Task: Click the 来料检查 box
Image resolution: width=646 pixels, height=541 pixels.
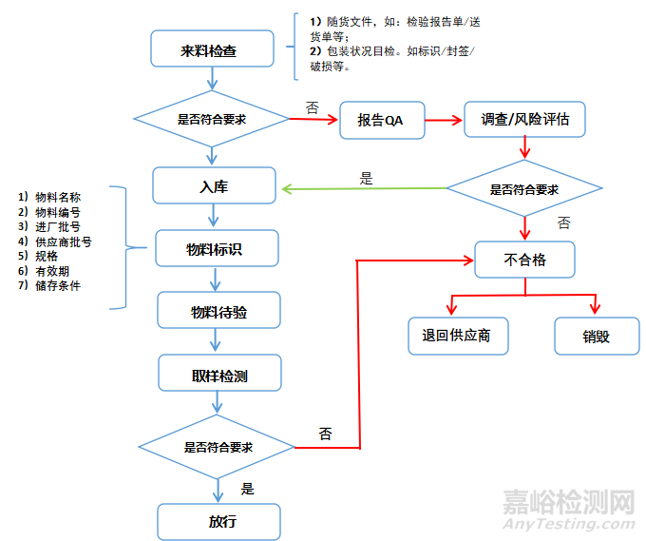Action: coord(211,50)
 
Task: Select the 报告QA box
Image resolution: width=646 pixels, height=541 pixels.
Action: coord(381,121)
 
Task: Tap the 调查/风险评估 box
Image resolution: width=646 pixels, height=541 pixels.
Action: coord(523,121)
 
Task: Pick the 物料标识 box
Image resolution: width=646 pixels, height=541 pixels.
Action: coord(218,249)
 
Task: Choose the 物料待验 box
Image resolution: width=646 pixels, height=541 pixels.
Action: coord(218,311)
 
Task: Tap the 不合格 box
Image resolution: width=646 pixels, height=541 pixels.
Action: coord(524,259)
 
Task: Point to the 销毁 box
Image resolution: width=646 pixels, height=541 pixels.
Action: coord(597,336)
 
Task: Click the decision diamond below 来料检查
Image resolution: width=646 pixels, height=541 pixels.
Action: coord(211,120)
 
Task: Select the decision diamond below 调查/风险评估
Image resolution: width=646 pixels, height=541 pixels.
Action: coord(523,189)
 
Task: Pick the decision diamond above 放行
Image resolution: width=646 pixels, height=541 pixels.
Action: coord(218,446)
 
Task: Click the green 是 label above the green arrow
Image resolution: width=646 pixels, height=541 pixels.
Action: coord(367,178)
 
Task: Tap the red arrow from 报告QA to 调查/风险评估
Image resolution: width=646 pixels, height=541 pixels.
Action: coord(443,121)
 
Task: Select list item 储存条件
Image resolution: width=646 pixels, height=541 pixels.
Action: coord(53,285)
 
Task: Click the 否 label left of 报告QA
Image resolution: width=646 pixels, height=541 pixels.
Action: coord(312,106)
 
